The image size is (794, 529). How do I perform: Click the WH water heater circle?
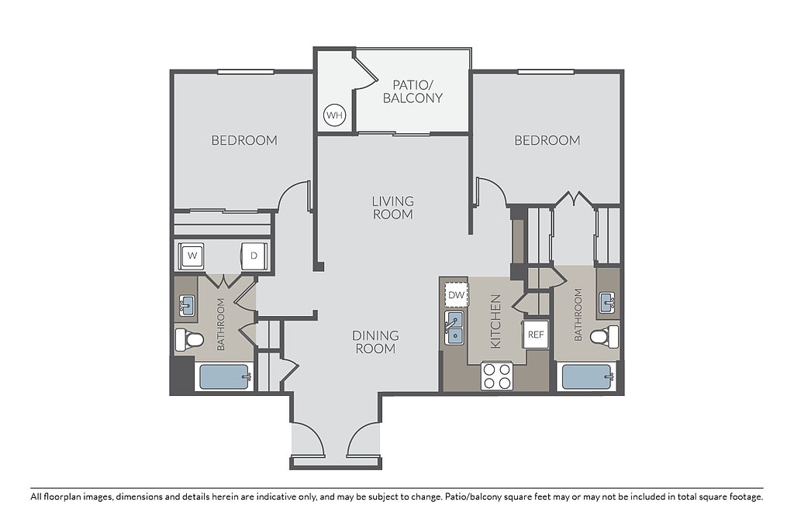334,115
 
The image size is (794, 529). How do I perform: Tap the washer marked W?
192,256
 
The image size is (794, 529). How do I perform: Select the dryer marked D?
254,256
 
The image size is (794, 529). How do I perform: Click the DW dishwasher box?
456,295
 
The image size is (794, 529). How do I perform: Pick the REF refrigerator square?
536,335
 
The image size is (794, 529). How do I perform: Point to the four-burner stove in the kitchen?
497,376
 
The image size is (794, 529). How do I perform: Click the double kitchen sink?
454,328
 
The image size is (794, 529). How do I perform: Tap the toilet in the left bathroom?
189,339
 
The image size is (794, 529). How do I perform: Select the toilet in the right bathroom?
605,336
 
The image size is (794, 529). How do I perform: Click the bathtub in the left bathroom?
224,376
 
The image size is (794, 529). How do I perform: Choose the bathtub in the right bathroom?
588,376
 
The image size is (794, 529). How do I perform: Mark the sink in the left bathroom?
187,306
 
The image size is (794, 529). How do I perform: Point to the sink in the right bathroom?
608,302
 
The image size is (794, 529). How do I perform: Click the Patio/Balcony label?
413,91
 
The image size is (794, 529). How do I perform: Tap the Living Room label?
393,208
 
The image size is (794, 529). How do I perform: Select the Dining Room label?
376,342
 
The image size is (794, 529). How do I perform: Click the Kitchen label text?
495,321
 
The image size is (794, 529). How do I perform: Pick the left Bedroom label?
244,140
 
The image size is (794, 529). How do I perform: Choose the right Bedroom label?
547,140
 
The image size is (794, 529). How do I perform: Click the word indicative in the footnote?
276,496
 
